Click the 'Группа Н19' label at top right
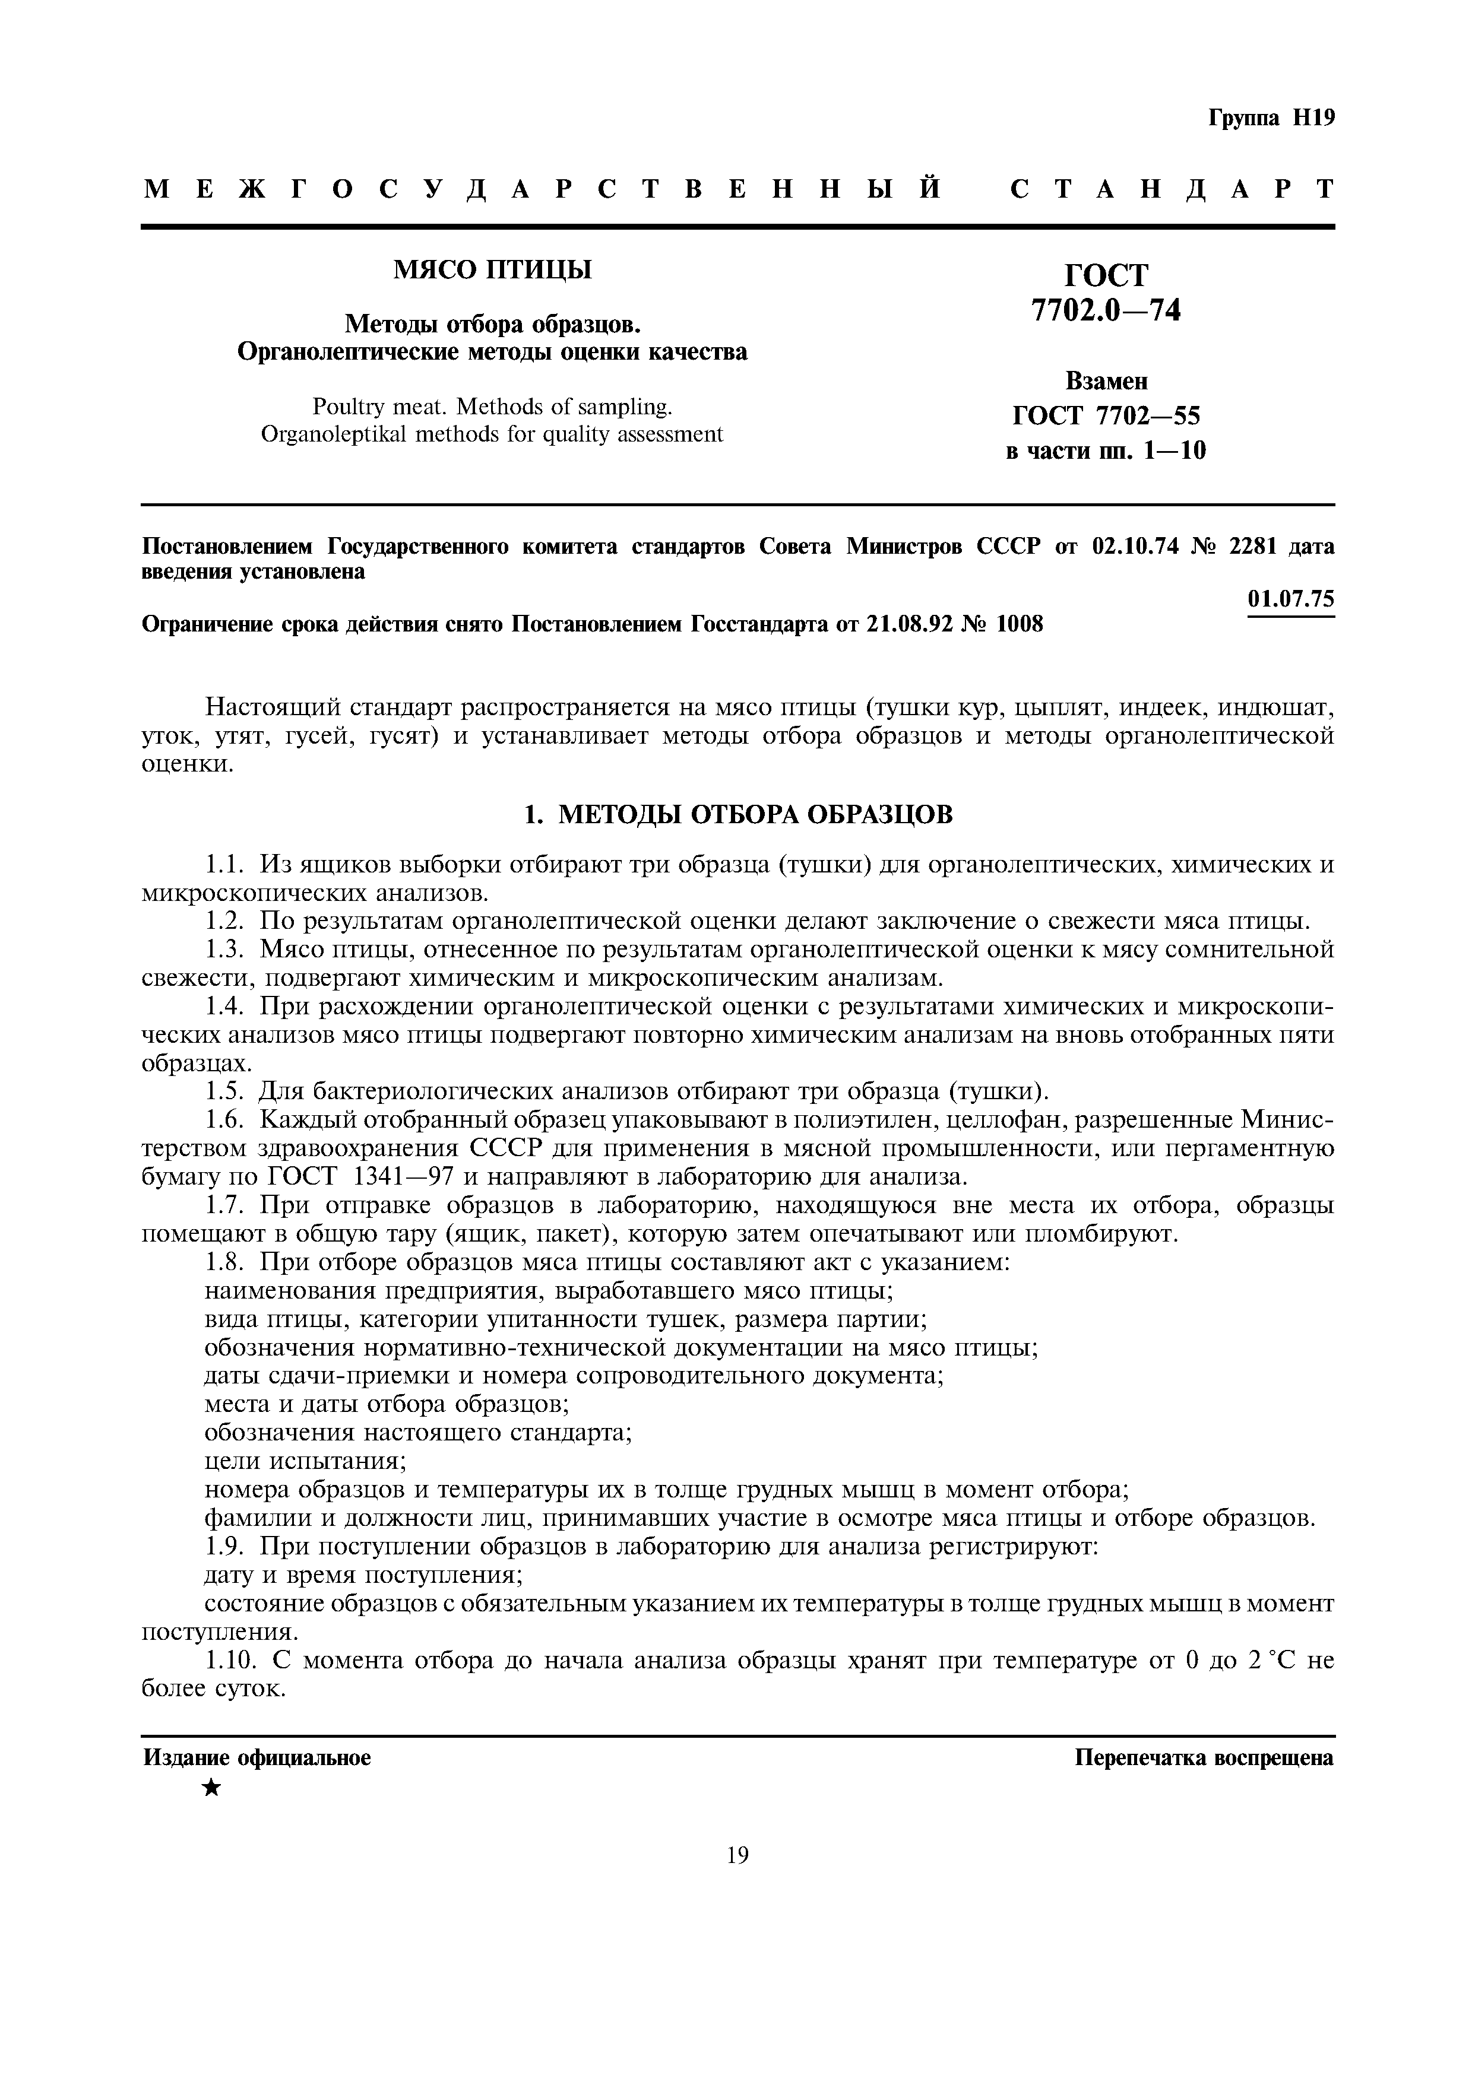[x=1271, y=119]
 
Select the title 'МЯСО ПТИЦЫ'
[x=492, y=269]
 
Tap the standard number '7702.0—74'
[x=1106, y=311]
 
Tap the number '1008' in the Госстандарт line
[x=1020, y=625]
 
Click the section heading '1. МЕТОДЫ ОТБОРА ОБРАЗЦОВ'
[x=739, y=814]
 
